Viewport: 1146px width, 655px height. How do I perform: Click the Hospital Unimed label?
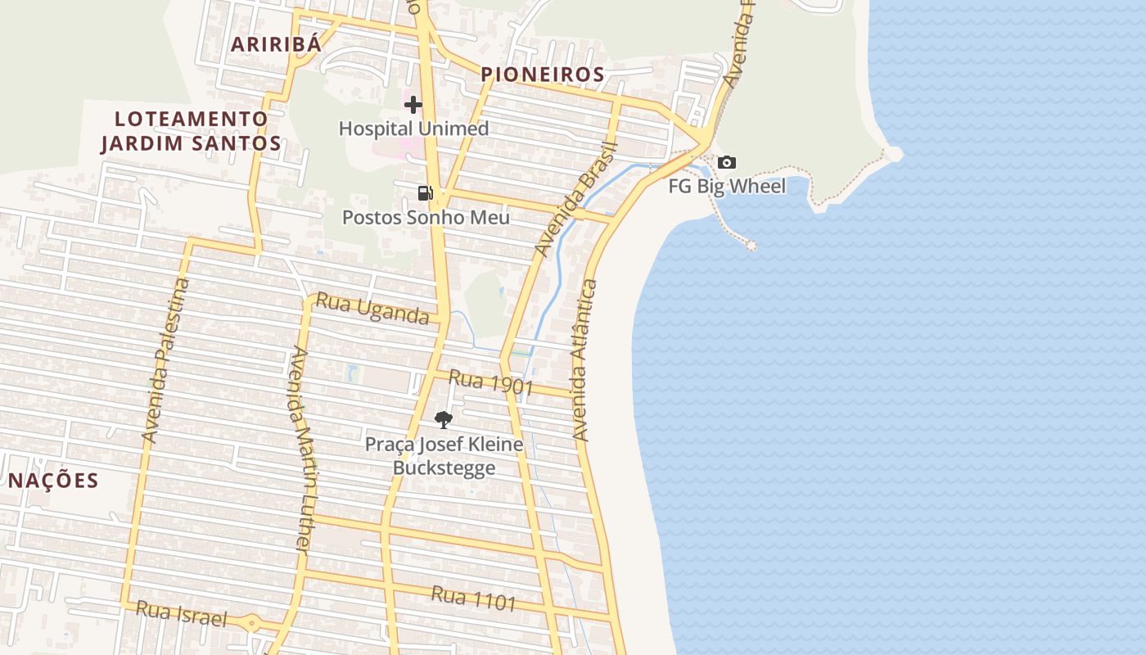point(413,129)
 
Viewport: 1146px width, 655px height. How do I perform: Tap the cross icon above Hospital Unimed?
point(413,104)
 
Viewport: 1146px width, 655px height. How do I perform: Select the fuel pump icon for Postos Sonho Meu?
point(425,193)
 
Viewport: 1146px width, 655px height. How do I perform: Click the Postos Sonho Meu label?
point(426,217)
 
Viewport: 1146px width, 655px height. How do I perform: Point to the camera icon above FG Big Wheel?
point(726,163)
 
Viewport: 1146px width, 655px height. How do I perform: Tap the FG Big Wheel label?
point(727,186)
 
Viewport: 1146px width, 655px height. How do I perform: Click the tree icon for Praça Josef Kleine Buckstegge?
point(444,420)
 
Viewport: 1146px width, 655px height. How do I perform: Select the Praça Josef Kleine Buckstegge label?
point(444,456)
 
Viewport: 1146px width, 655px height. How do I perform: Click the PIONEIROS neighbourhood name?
point(543,75)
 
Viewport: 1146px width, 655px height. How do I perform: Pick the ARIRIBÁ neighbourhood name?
point(276,44)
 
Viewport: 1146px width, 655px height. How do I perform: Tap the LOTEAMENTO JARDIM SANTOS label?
point(191,131)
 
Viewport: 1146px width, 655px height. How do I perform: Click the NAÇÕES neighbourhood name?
point(53,481)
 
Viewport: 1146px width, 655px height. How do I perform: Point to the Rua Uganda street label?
point(372,308)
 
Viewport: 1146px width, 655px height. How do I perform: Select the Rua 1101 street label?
point(474,599)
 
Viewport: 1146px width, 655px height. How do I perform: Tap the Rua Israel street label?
point(181,613)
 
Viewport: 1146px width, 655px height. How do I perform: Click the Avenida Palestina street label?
point(166,360)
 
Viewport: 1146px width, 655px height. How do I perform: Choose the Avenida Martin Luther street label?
point(303,449)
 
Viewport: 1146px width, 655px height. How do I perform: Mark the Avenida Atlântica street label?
point(584,360)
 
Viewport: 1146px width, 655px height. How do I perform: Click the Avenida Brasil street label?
point(574,198)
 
